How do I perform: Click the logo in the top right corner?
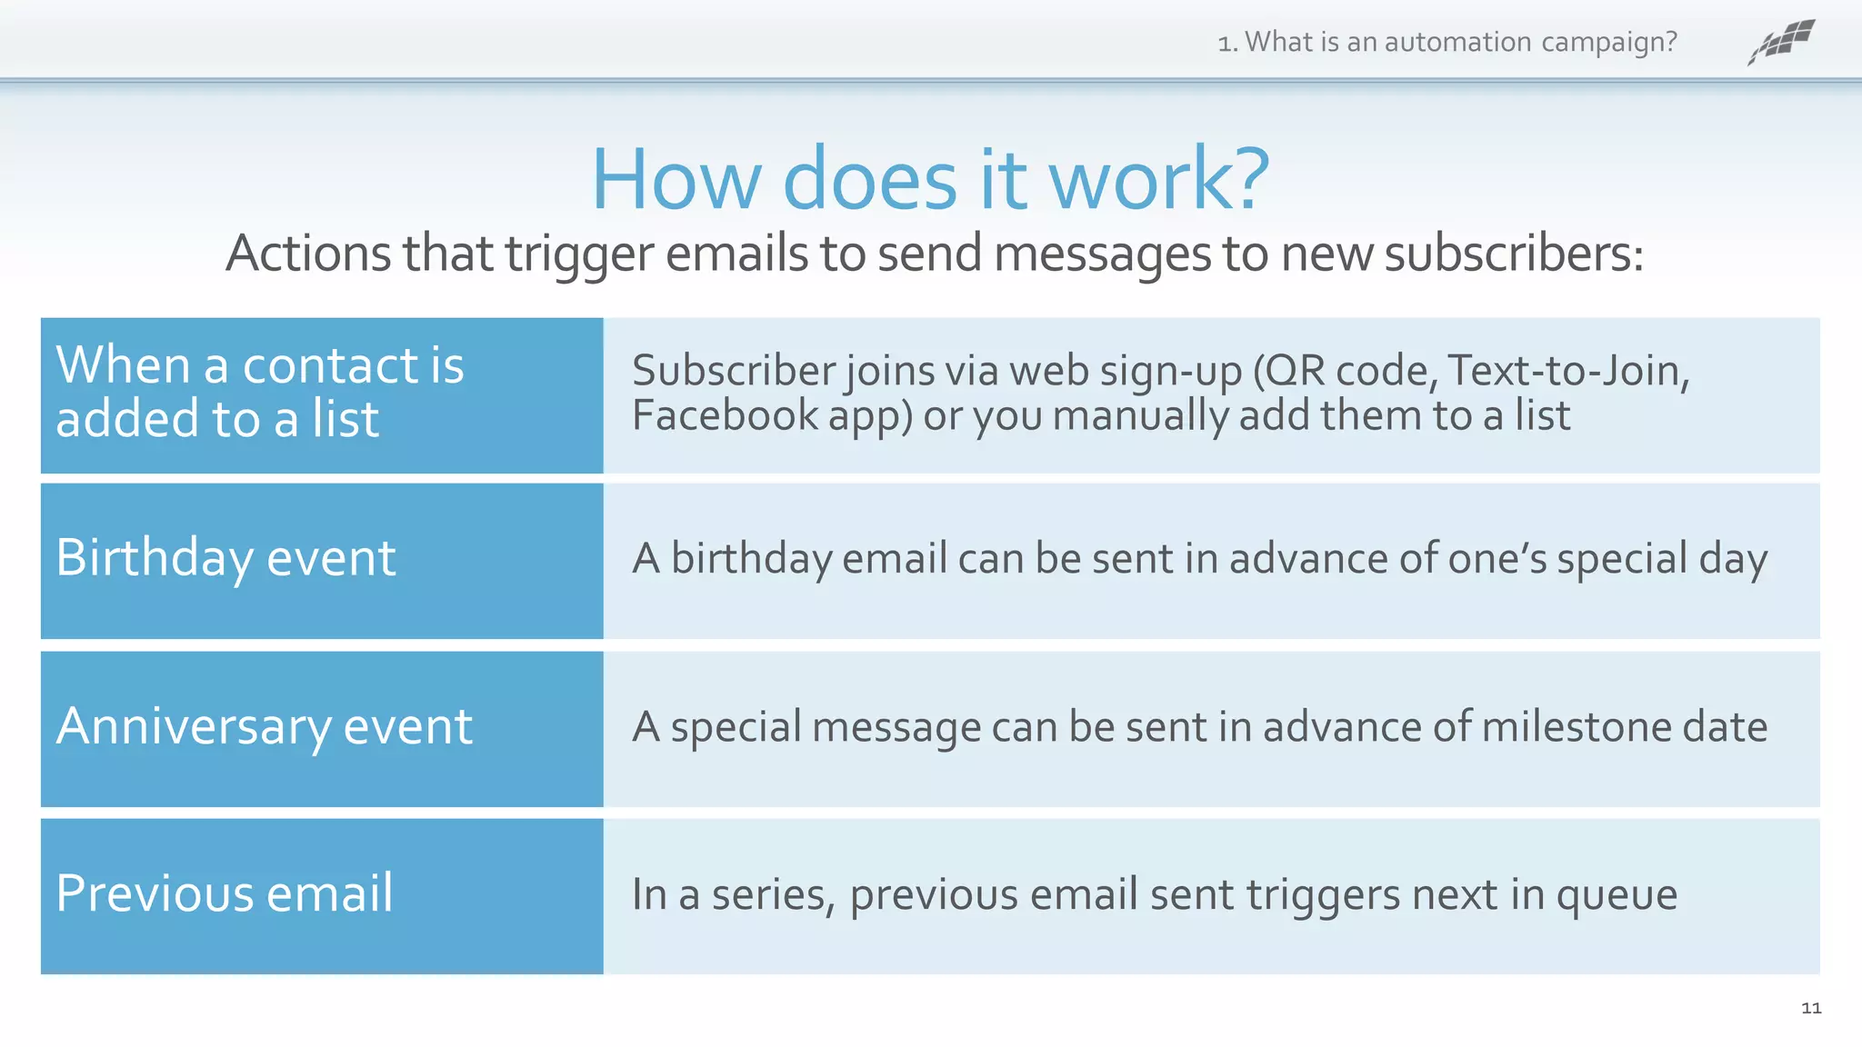coord(1781,42)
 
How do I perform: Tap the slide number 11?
coord(1810,1008)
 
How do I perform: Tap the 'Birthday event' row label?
coord(225,557)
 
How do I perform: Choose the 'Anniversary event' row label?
coord(264,726)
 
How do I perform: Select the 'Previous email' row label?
coord(225,892)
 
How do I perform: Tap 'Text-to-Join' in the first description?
coord(1563,371)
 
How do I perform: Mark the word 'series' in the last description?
coord(772,896)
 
